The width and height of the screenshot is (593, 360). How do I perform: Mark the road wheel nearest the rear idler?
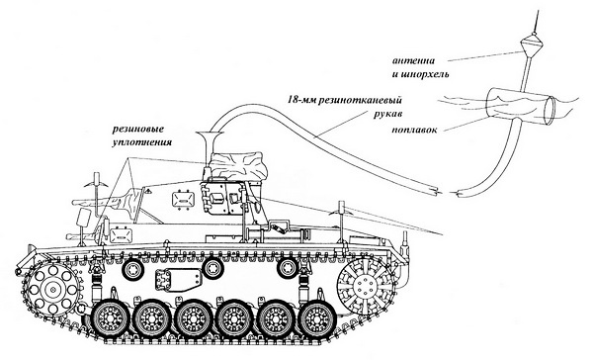pos(315,320)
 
